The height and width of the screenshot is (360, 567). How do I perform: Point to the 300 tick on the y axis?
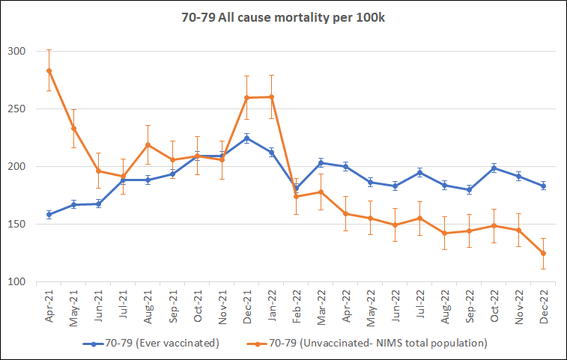(x=16, y=51)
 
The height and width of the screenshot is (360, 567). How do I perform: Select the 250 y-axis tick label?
(x=16, y=109)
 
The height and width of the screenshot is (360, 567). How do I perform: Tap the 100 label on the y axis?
(x=16, y=281)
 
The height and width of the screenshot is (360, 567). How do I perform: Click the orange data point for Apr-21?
(x=49, y=70)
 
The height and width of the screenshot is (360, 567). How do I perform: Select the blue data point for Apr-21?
(x=49, y=215)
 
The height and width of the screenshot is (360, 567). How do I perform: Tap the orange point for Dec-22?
(x=543, y=253)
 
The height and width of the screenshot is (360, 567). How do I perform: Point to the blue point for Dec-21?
(x=246, y=138)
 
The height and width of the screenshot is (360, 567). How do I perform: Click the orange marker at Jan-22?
(x=271, y=97)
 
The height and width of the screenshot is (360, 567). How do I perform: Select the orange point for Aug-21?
(x=148, y=144)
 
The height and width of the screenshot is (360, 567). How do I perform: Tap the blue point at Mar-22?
(x=321, y=162)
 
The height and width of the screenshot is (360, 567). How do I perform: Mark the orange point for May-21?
(x=73, y=128)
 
